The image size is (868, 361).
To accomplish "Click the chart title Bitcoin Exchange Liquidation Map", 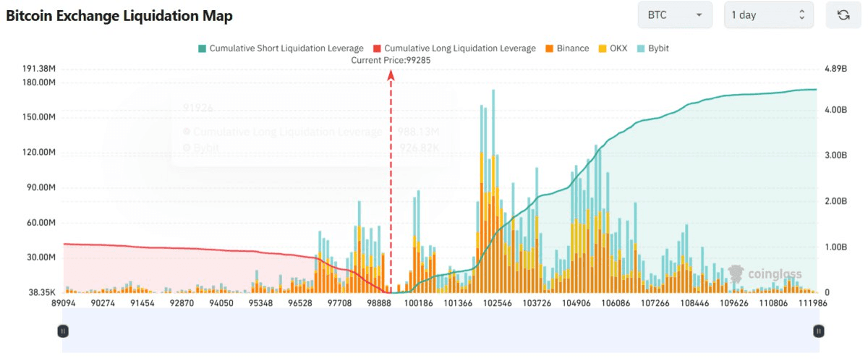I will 119,16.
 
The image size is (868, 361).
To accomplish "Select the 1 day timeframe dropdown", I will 767,15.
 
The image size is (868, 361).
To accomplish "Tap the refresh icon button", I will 843,15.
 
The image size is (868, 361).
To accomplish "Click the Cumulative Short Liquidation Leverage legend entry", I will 279,48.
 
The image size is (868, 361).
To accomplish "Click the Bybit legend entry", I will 652,48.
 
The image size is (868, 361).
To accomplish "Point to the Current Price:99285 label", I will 391,60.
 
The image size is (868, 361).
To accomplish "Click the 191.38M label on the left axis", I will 39,69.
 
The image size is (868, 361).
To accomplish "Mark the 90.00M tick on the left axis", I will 41,187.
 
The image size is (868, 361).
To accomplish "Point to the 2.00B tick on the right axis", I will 835,201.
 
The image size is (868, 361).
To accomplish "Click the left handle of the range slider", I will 63,331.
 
